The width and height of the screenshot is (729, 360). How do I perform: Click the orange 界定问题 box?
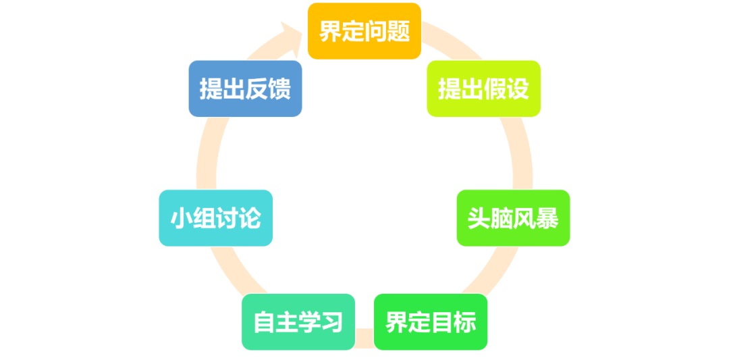pos(364,31)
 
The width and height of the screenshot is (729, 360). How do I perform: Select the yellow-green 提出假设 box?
pos(483,88)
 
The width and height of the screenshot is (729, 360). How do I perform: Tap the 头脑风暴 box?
pos(513,218)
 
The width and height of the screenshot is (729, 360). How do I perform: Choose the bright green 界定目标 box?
pos(431,322)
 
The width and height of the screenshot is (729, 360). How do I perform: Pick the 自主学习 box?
pos(298,322)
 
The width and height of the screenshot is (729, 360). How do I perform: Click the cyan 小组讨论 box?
pos(216,218)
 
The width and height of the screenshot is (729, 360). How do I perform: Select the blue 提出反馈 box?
pos(245,88)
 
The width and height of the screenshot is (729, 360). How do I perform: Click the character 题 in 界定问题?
pos(399,31)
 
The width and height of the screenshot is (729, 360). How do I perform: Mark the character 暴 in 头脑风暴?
pos(547,218)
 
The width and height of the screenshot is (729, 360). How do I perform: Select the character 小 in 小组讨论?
pos(182,218)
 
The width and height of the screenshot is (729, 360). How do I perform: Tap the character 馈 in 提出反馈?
pos(279,88)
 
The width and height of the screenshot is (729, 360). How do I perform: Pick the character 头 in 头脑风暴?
pos(479,218)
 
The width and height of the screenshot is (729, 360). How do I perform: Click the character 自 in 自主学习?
pos(264,322)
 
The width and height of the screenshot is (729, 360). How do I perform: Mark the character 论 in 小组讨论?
pos(250,218)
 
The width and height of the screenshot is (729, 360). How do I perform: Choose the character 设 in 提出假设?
pos(518,88)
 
